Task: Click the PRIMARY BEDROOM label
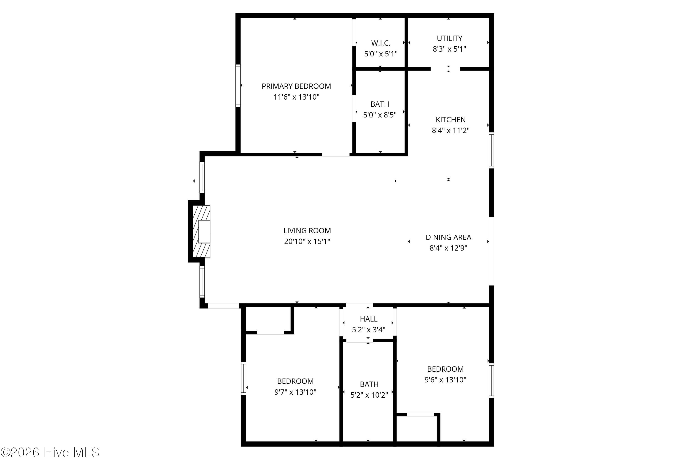[x=296, y=86]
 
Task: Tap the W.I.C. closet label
[x=381, y=43]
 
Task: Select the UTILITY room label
[x=449, y=38]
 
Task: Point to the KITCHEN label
[x=450, y=120]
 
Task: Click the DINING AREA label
[x=448, y=237]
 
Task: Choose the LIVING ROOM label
[x=307, y=231]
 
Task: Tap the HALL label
[x=369, y=319]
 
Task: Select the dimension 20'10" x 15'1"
[x=307, y=241]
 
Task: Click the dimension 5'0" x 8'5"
[x=380, y=115]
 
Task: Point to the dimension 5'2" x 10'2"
[x=369, y=395]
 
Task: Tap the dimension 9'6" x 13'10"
[x=445, y=380]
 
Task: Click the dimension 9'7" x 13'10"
[x=295, y=392]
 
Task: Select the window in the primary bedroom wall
[x=238, y=85]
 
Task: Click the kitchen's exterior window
[x=491, y=150]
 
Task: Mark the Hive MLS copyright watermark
[x=50, y=453]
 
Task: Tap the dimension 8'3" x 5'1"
[x=449, y=49]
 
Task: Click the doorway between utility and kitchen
[x=445, y=69]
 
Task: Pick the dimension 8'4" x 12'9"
[x=448, y=248]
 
